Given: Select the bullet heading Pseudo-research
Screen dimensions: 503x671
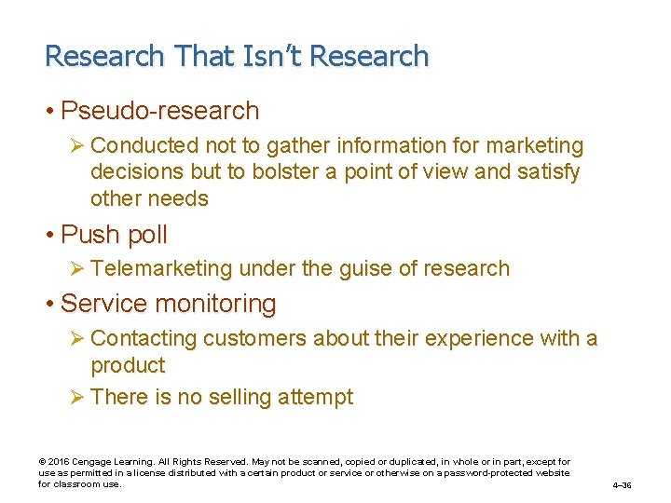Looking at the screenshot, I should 159,111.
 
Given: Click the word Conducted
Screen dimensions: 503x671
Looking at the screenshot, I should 145,146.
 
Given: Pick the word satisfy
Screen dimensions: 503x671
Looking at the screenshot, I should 545,172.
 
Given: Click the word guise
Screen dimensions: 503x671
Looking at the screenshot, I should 368,269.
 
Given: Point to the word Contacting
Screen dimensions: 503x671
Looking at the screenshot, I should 146,339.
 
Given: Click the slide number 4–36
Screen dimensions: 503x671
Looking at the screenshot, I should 622,485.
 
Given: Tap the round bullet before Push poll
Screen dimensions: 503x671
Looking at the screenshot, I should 50,235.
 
